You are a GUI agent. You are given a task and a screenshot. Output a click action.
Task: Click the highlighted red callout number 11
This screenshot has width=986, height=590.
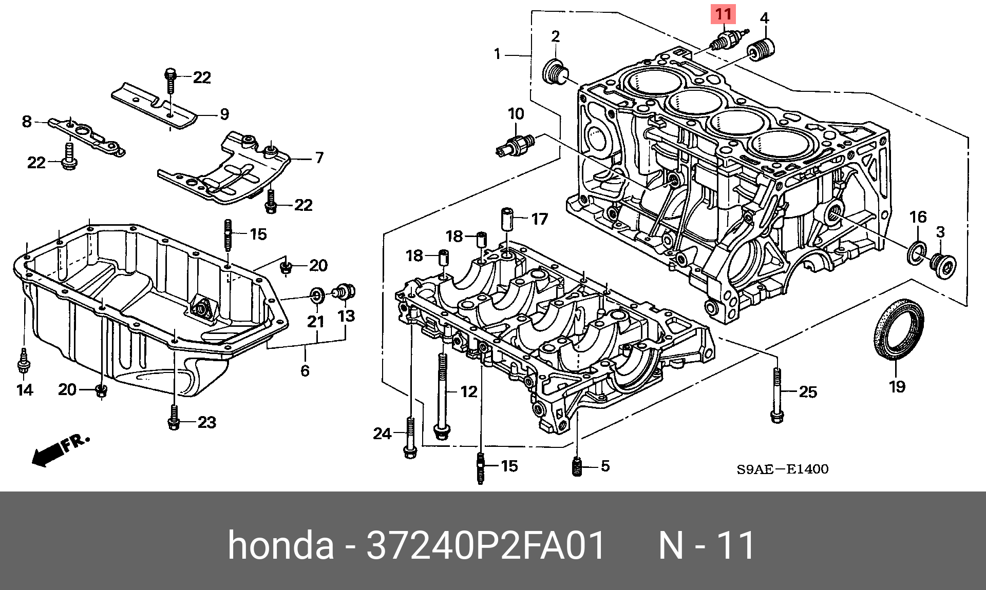723,14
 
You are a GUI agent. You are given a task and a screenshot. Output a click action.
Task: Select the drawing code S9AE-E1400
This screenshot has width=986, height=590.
782,469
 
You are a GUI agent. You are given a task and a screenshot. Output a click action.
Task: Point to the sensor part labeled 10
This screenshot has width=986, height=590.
517,146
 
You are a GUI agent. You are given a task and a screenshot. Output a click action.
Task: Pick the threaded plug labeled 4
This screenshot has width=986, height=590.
761,50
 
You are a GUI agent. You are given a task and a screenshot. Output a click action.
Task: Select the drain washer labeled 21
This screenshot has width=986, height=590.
317,295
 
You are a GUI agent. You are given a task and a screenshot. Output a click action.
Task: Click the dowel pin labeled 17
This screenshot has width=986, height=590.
507,219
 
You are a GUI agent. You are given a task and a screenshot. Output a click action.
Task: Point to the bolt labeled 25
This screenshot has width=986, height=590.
777,395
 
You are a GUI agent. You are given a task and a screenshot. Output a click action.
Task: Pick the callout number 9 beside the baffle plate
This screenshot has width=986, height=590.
224,114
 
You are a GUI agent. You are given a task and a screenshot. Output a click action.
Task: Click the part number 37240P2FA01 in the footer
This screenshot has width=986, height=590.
486,545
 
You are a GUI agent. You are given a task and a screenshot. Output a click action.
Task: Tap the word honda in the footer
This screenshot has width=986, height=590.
280,545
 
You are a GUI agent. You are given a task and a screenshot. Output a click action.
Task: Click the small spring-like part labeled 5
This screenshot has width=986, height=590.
577,466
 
